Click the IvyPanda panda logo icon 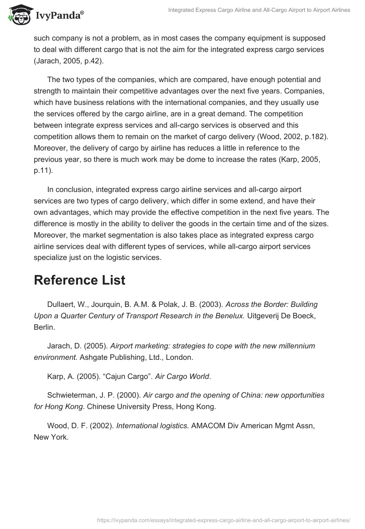click(x=19, y=15)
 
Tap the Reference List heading click(x=79, y=280)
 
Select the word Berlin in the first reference click(x=44, y=327)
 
